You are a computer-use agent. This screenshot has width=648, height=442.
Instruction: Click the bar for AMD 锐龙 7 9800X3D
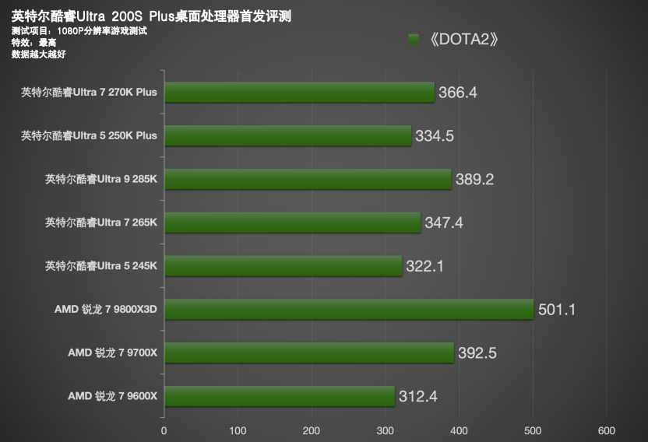348,310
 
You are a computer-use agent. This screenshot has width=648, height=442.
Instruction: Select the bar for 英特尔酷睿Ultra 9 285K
308,180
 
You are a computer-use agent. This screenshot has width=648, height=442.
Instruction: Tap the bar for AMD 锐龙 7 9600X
280,397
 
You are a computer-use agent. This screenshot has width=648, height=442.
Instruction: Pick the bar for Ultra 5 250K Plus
287,136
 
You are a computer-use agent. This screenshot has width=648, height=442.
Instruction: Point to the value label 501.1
557,310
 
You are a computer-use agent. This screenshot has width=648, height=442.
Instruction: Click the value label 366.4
457,93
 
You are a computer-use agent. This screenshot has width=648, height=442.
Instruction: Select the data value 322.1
424,266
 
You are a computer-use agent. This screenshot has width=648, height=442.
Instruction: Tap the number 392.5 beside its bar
477,353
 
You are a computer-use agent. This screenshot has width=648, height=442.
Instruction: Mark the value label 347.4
444,223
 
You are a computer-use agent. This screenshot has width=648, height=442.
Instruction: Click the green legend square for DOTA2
414,39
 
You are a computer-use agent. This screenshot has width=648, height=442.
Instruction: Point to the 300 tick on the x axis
386,430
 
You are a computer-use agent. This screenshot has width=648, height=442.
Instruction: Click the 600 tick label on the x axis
607,430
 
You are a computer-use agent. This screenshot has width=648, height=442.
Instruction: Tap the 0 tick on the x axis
164,430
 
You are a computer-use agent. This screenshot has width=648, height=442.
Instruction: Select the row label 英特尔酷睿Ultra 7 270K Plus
90,92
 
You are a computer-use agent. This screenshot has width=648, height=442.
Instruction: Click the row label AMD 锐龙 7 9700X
112,353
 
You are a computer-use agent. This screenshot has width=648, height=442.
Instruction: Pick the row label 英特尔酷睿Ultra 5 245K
101,266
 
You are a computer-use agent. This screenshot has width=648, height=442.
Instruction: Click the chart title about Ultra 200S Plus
152,16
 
